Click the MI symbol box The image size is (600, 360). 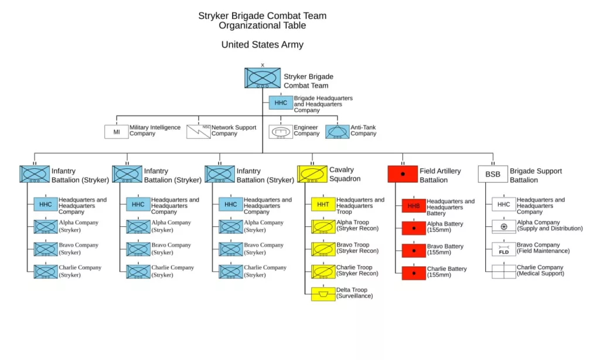coord(117,132)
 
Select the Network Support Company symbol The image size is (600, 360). coord(198,132)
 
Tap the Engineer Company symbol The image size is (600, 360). coord(281,132)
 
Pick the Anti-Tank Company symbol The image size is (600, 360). coord(337,132)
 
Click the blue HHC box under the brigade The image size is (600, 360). coord(281,103)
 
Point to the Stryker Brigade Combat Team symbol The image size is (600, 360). coord(262,78)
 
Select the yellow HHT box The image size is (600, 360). coord(323,205)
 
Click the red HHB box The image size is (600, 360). coord(414,206)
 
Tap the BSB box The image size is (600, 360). coord(493,174)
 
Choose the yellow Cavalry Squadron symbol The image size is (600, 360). coord(312,174)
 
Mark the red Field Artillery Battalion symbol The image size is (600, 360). coord(403,174)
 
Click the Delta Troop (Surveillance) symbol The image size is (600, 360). coord(323,294)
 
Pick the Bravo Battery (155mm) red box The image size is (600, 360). coord(414,250)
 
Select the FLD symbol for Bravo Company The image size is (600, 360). coord(503,249)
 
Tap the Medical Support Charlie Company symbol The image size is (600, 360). coord(503,271)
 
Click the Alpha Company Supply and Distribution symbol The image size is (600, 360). coord(503,226)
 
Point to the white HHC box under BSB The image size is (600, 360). coord(503,204)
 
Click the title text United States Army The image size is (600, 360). coord(262,45)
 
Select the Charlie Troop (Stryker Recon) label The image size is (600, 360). coord(357,270)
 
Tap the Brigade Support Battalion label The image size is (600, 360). coord(536,175)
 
